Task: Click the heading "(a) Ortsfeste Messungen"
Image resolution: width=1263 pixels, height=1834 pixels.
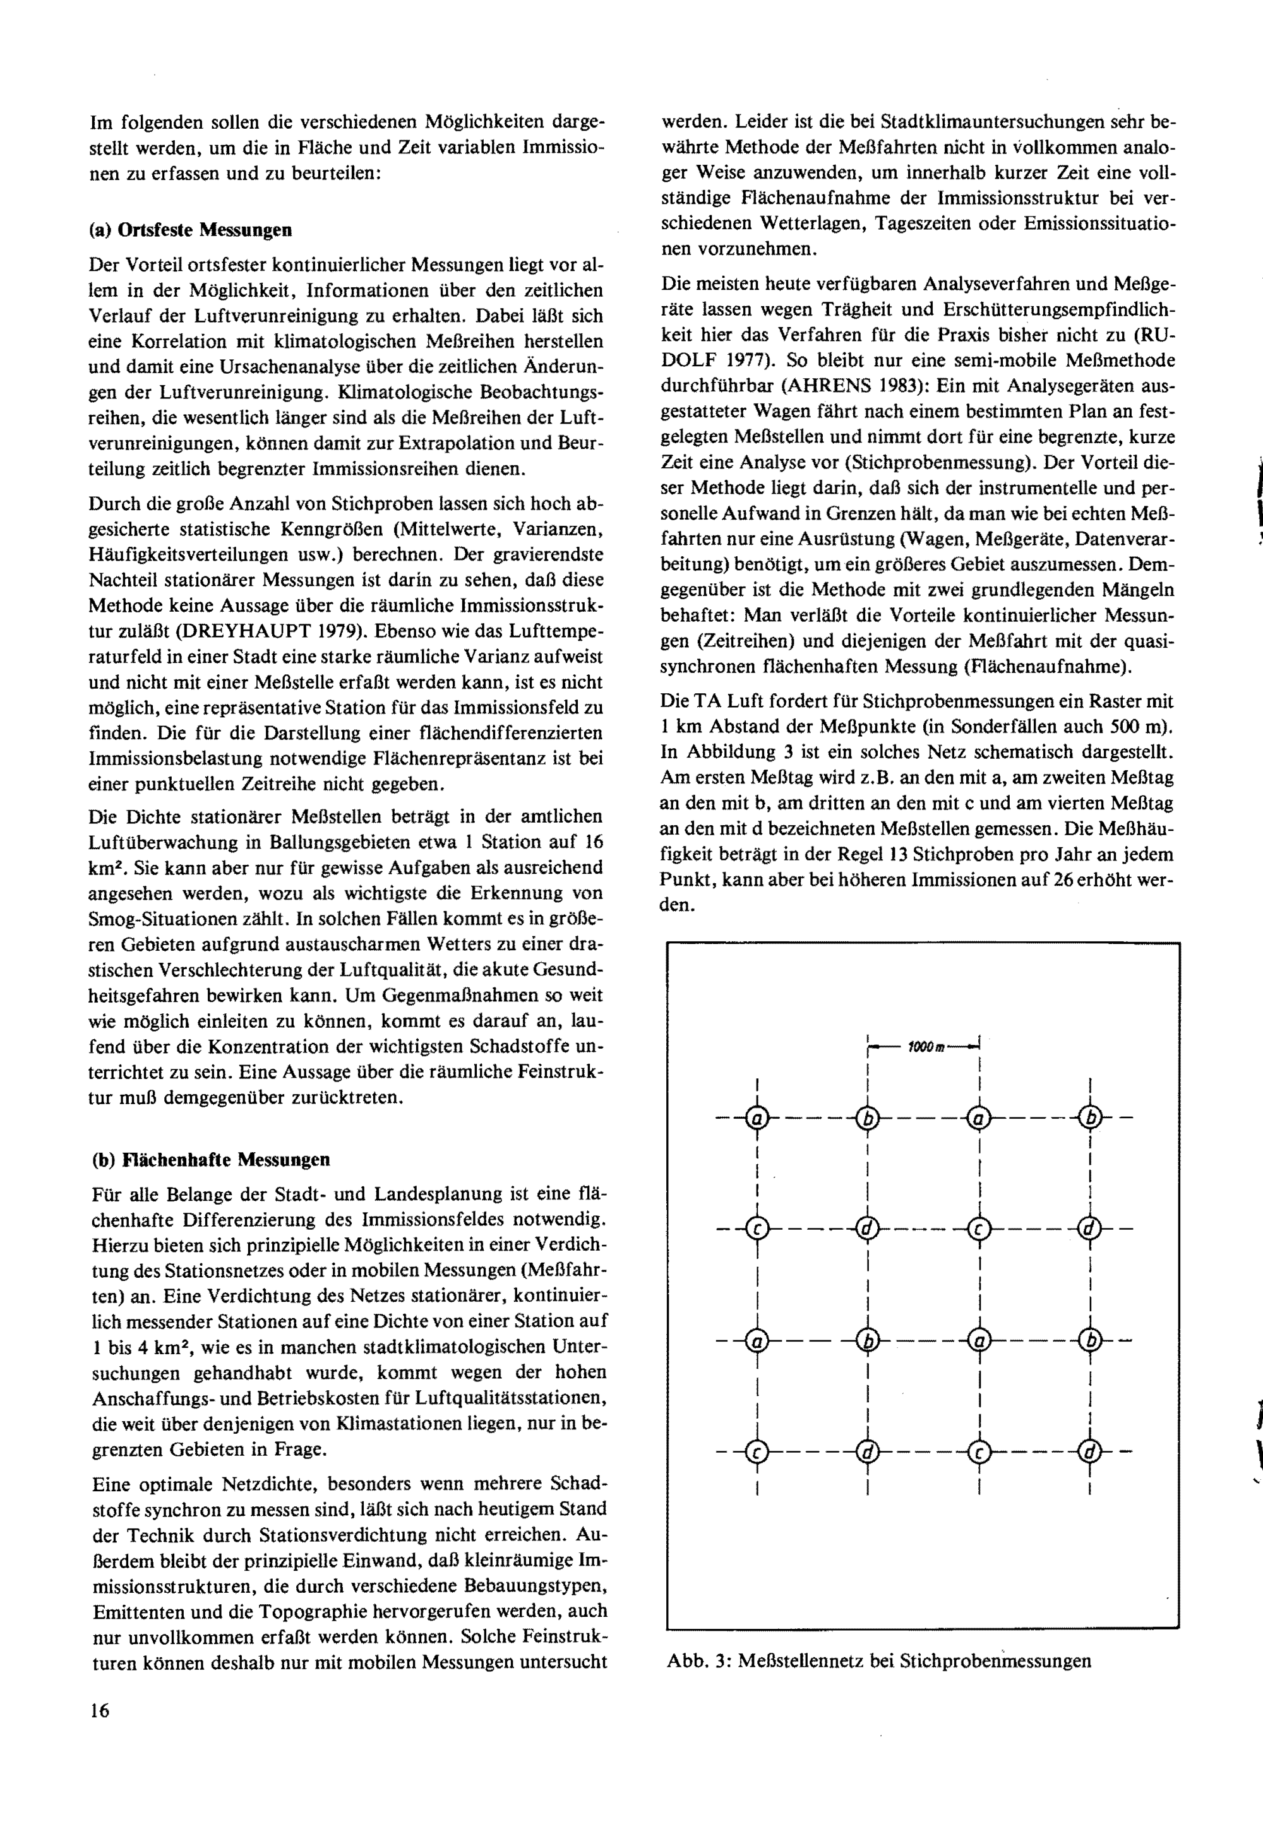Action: (x=190, y=230)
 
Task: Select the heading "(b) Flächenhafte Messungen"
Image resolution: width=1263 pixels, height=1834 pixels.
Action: (x=210, y=1160)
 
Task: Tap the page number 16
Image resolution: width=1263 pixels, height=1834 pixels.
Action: (x=100, y=1710)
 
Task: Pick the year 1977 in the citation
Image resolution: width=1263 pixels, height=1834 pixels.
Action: (x=748, y=360)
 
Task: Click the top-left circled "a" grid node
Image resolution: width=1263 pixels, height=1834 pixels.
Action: (x=757, y=1119)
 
